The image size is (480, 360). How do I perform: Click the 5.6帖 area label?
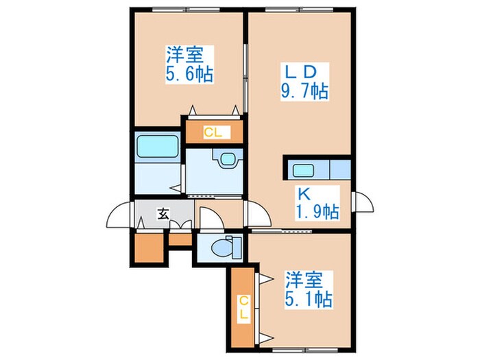(x=188, y=73)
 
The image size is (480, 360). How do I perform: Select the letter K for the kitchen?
(x=302, y=193)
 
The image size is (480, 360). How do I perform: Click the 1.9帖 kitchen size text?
(x=316, y=211)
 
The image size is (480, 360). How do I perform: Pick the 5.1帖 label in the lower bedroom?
(x=309, y=299)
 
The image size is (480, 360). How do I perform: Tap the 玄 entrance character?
(x=164, y=213)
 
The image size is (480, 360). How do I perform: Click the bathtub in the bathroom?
(x=157, y=147)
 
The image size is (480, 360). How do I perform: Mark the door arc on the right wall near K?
(x=361, y=202)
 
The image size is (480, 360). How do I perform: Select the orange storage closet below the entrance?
(x=149, y=250)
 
